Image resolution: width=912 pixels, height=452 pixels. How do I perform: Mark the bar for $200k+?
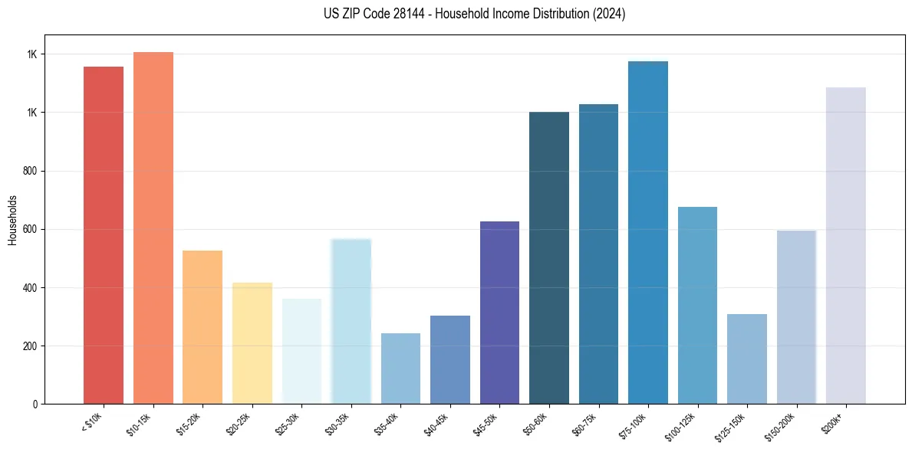(x=846, y=245)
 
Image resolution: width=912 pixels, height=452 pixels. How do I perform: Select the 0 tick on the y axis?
(x=34, y=404)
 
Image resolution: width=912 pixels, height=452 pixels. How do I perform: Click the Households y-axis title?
(x=13, y=220)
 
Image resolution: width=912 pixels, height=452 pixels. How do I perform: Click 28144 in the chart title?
(x=398, y=14)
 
